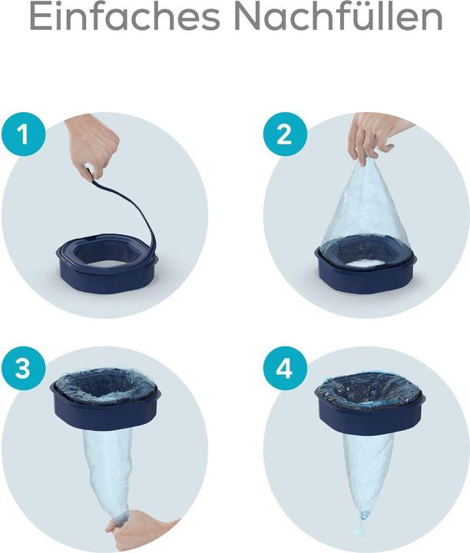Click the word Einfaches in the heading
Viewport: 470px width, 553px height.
[125, 17]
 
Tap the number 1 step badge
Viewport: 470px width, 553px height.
[23, 134]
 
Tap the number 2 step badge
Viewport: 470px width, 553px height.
[285, 134]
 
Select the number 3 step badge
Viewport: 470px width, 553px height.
[23, 368]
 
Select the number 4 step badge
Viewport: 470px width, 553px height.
[285, 368]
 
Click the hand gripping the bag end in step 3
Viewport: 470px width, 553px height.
[141, 531]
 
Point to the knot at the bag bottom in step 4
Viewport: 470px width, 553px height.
[362, 518]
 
